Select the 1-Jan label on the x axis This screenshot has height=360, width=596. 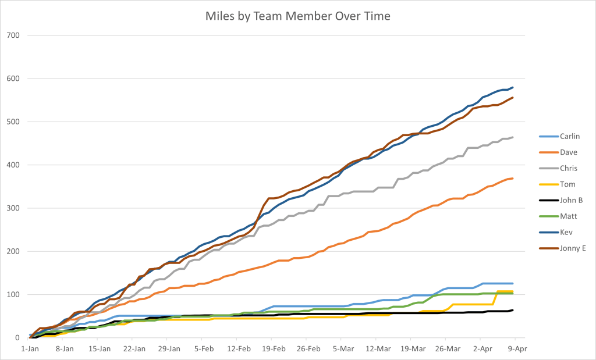pyautogui.click(x=30, y=349)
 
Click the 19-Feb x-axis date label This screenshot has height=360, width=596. pyautogui.click(x=274, y=349)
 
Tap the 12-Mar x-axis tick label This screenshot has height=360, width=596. pyautogui.click(x=378, y=349)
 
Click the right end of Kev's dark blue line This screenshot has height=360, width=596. pyautogui.click(x=512, y=88)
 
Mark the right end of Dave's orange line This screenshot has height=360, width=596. pyautogui.click(x=512, y=179)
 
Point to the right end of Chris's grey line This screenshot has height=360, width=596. pyautogui.click(x=512, y=138)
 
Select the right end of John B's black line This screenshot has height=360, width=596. pyautogui.click(x=512, y=310)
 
